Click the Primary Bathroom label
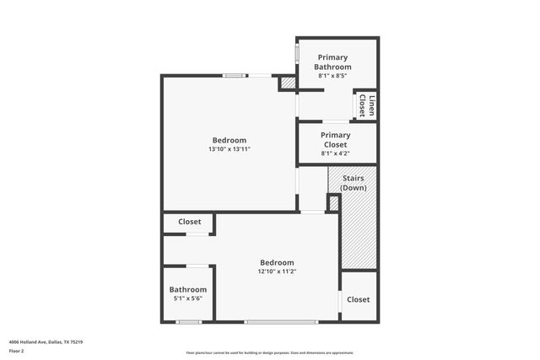pyautogui.click(x=332, y=62)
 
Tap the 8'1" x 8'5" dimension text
pyautogui.click(x=332, y=76)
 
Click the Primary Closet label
pyautogui.click(x=335, y=139)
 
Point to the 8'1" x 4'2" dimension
pyautogui.click(x=335, y=153)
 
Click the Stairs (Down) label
pyautogui.click(x=353, y=182)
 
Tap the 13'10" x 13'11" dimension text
pyautogui.click(x=229, y=149)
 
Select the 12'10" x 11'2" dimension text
pyautogui.click(x=277, y=271)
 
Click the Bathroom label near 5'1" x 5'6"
pyautogui.click(x=187, y=289)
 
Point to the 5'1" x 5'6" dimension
pyautogui.click(x=187, y=298)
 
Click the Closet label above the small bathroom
pyautogui.click(x=189, y=222)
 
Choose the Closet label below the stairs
pyautogui.click(x=358, y=299)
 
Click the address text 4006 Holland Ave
pyautogui.click(x=46, y=342)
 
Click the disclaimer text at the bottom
pyautogui.click(x=269, y=353)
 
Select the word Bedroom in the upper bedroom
pyautogui.click(x=229, y=140)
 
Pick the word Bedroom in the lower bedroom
pyautogui.click(x=277, y=262)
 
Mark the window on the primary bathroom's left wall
pyautogui.click(x=296, y=51)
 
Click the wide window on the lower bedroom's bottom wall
pyautogui.click(x=281, y=321)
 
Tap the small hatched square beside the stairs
pyautogui.click(x=332, y=203)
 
